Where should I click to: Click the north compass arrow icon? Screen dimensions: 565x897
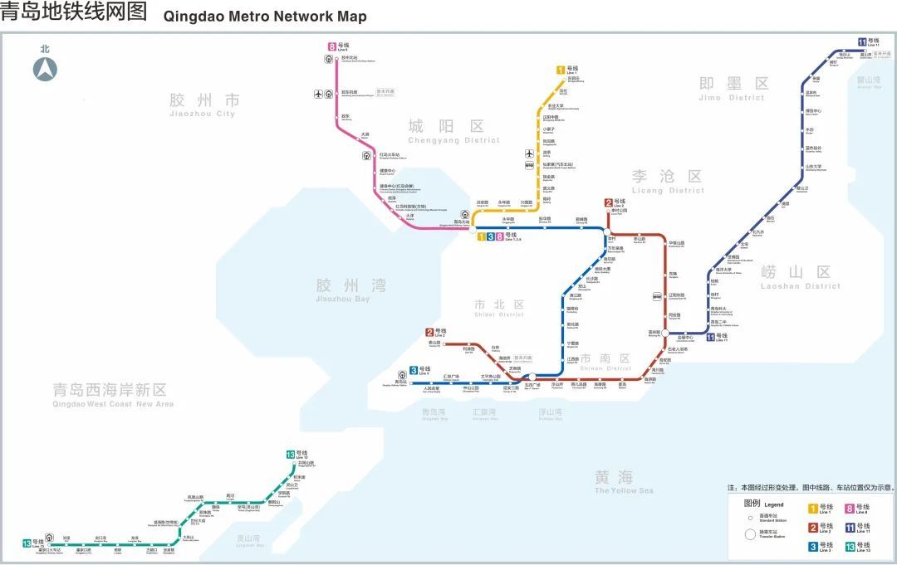point(45,70)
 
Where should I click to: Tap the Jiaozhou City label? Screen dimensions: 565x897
point(203,105)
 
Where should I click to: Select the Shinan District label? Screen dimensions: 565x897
point(605,363)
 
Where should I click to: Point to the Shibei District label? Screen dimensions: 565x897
point(498,309)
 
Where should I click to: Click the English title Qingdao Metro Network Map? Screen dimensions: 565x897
point(265,16)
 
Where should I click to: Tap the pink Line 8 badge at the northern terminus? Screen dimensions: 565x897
point(331,47)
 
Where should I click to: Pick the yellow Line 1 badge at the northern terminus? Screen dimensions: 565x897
point(561,70)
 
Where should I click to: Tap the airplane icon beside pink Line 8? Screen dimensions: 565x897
point(318,94)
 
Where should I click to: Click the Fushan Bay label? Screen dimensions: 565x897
point(550,413)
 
